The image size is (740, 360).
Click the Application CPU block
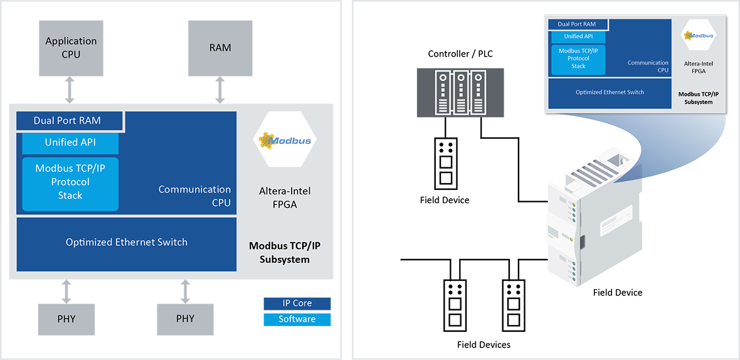(x=71, y=48)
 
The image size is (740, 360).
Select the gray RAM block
(x=219, y=48)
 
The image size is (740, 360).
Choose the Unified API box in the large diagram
(x=70, y=142)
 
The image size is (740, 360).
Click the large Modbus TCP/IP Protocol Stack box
(x=70, y=182)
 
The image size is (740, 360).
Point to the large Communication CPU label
(x=194, y=196)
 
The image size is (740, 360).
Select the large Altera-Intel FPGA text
(x=284, y=196)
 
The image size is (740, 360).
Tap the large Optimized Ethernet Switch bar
(x=127, y=243)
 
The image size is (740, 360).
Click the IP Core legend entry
(x=296, y=303)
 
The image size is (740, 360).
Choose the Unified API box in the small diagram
(x=578, y=36)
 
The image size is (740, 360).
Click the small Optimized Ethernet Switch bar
(x=610, y=92)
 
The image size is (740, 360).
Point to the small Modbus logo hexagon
(x=699, y=35)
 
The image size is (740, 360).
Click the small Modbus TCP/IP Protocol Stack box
(x=578, y=58)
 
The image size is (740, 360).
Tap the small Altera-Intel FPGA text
(x=699, y=66)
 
